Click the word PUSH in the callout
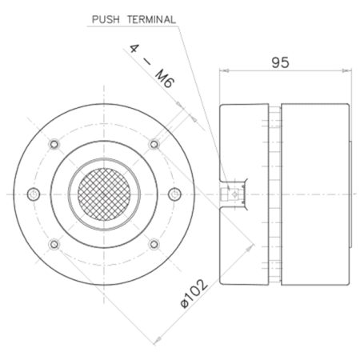106,19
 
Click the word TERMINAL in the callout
151,19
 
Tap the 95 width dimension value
280,62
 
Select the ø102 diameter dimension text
194,294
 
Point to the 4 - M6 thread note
152,66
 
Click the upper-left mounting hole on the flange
54,144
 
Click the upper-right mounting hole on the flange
154,144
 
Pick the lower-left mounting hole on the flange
54,244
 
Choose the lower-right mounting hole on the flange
154,244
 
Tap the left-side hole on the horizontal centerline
34,194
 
